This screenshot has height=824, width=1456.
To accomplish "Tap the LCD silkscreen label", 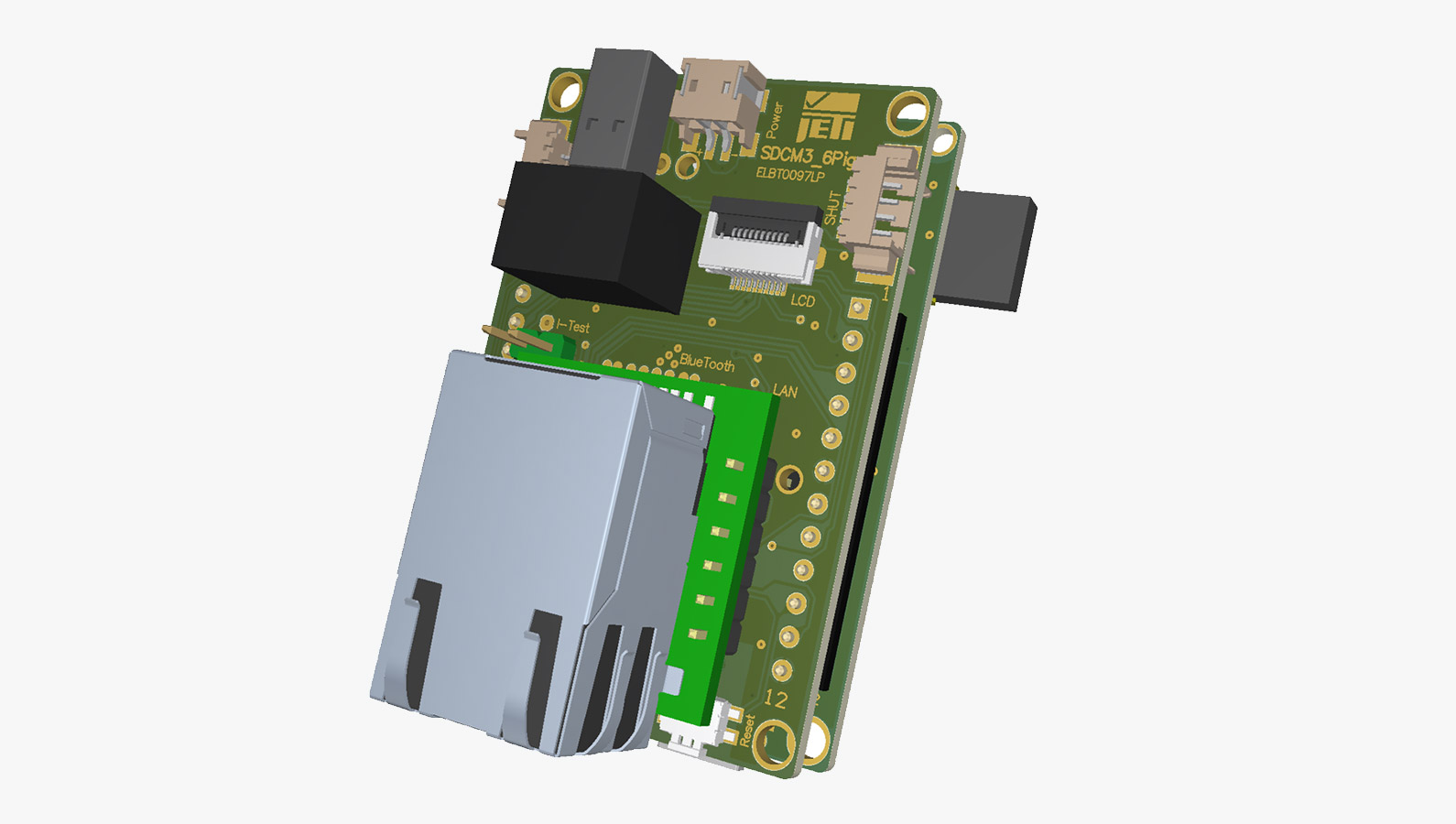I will [802, 300].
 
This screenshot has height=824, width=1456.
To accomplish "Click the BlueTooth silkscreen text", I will [707, 363].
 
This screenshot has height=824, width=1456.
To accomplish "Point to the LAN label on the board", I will [785, 391].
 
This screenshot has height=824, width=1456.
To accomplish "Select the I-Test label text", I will [573, 326].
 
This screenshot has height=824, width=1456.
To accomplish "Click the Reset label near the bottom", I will [748, 729].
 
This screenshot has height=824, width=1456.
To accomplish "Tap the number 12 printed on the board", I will [775, 699].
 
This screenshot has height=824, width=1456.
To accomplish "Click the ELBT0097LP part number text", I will [789, 174].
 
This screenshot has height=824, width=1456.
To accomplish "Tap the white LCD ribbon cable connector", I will [760, 244].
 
